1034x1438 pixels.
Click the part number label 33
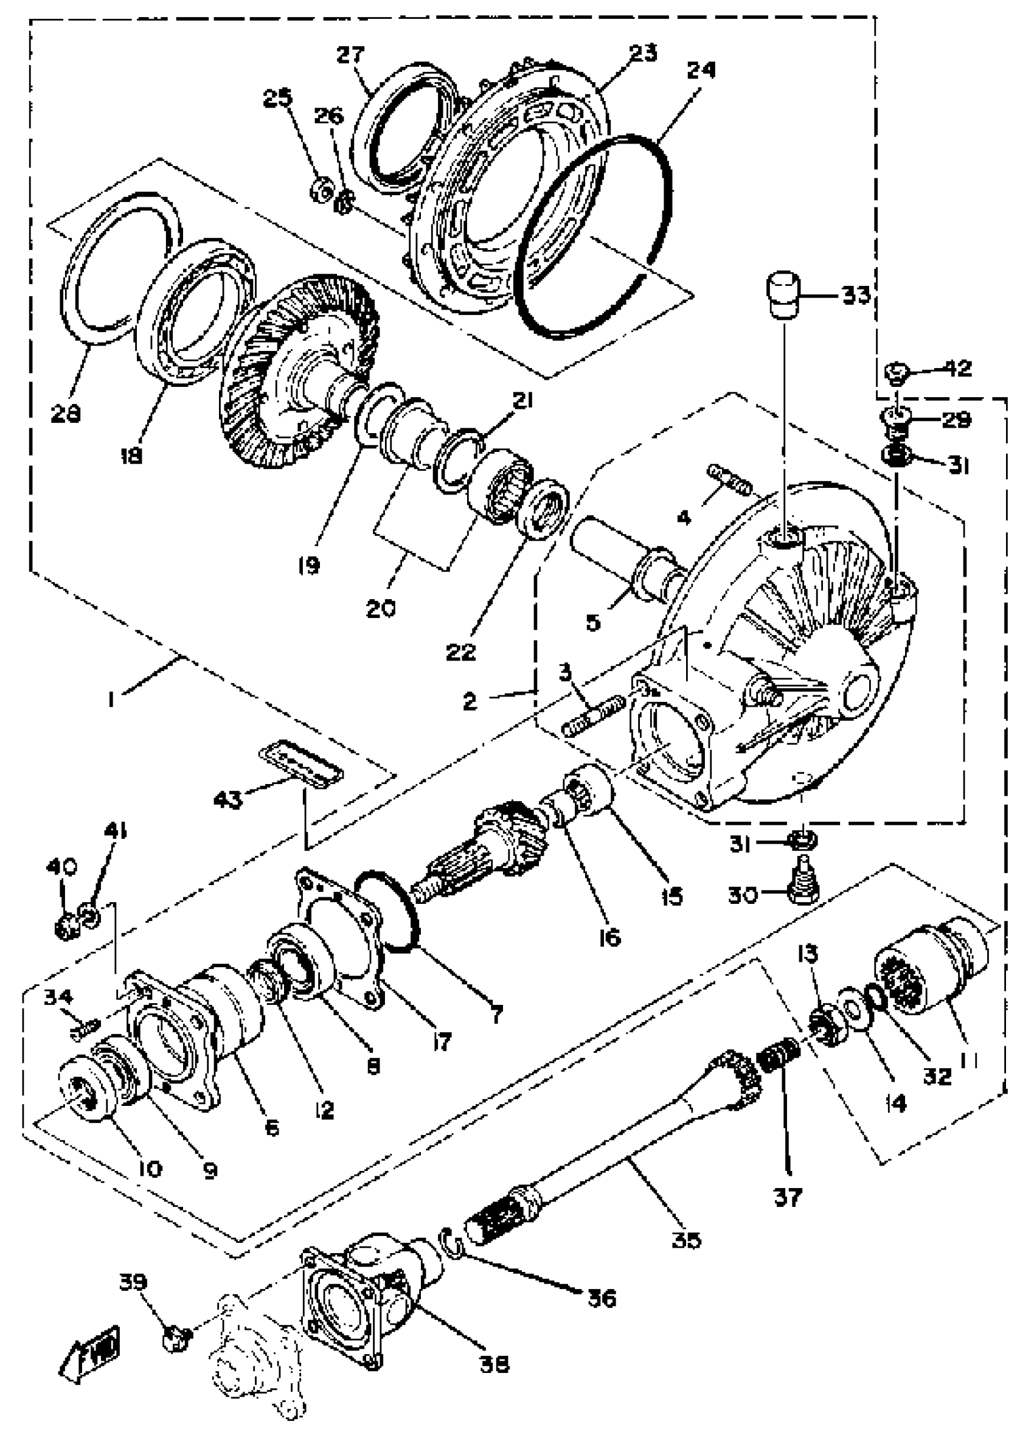click(855, 296)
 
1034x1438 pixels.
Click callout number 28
click(66, 414)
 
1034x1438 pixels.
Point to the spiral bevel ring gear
click(298, 374)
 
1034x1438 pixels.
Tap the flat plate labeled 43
click(301, 763)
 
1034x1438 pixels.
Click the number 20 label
click(380, 608)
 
